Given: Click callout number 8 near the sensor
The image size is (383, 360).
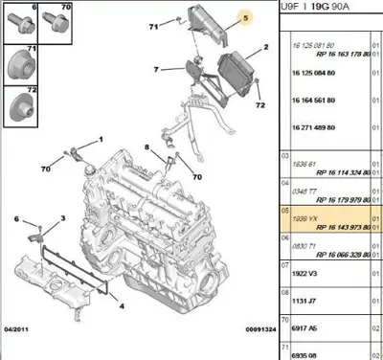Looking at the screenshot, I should pyautogui.click(x=146, y=147).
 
